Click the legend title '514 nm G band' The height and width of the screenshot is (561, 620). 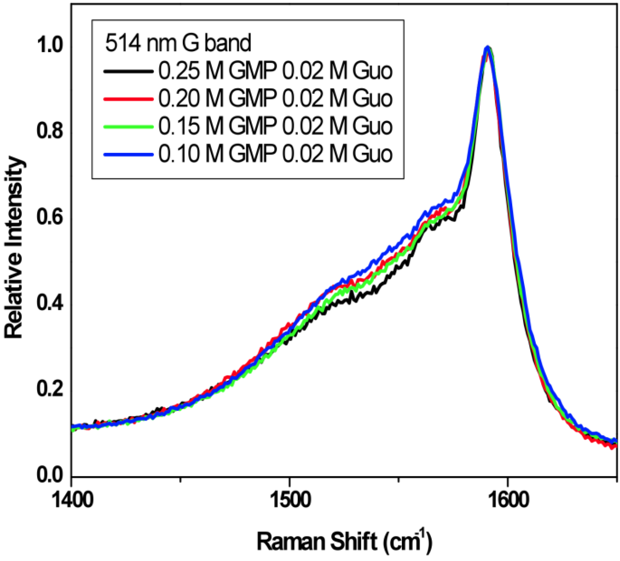(178, 43)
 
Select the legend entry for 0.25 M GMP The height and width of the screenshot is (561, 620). (275, 71)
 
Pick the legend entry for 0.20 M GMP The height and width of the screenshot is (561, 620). (275, 98)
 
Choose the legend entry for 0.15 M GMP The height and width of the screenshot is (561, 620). (275, 126)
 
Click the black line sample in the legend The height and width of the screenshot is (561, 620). (128, 71)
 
